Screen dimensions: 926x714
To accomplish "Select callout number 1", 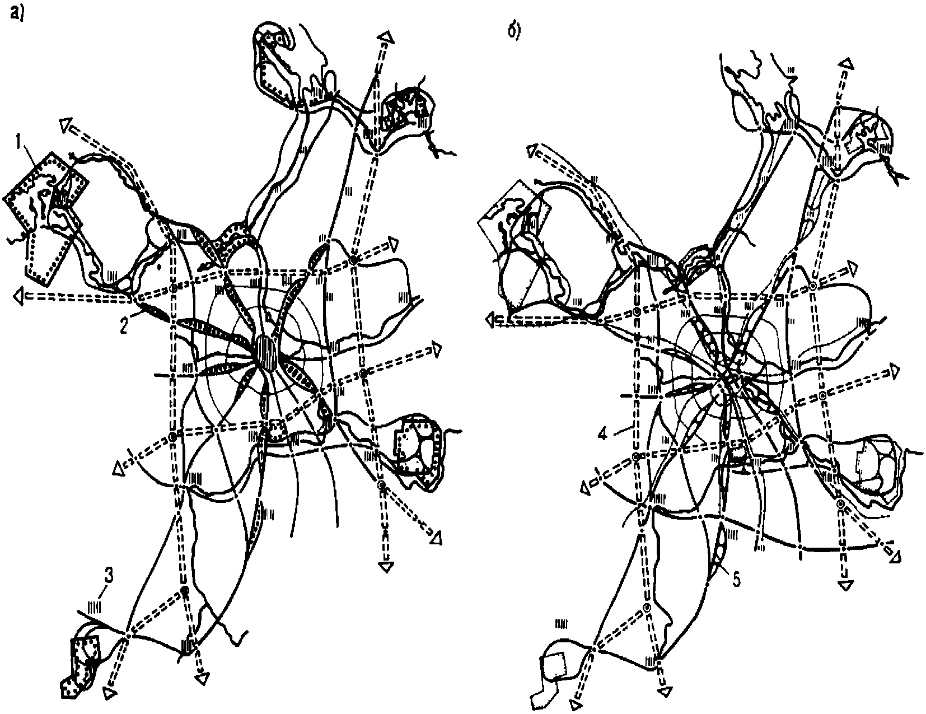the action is (x=20, y=145).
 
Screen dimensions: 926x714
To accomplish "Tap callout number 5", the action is (x=736, y=581).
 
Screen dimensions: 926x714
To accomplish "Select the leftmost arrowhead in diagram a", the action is (x=20, y=297).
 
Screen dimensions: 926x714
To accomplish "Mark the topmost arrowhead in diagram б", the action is (x=848, y=63).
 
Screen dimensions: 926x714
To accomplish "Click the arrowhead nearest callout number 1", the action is (x=67, y=127).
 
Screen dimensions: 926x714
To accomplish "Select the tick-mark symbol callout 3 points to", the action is (x=95, y=607).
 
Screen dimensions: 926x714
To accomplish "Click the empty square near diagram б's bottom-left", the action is (x=555, y=667).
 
